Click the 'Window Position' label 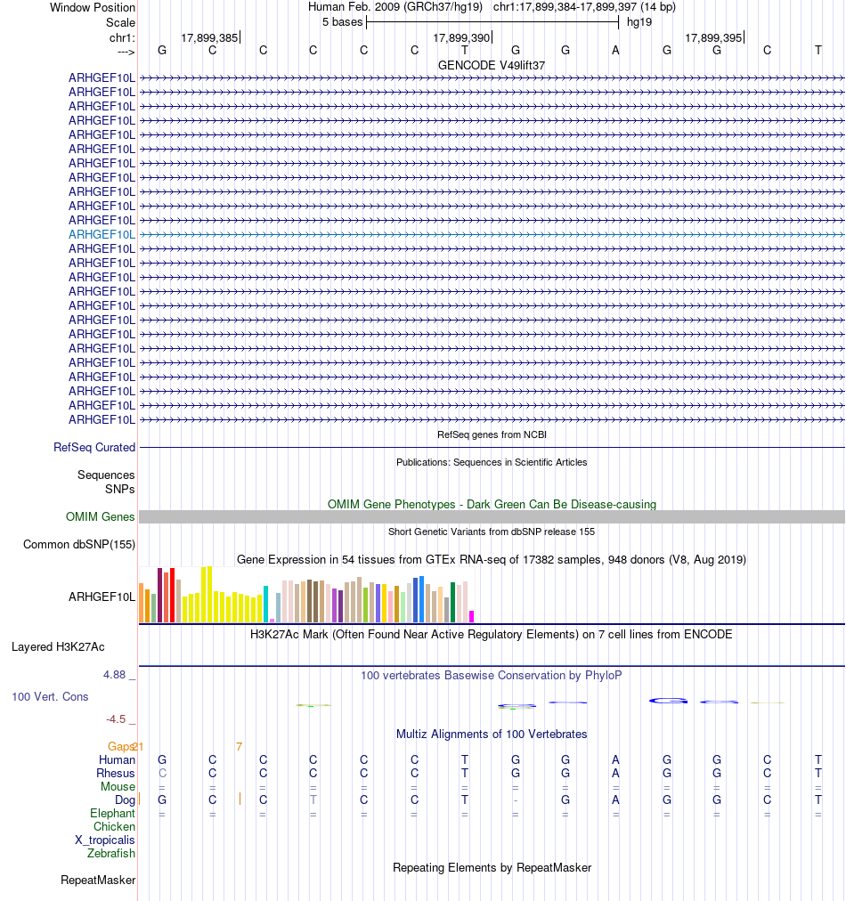tap(93, 7)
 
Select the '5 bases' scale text tap(342, 21)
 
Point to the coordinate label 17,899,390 tap(461, 37)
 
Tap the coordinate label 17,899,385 tap(209, 37)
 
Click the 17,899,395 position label tap(713, 37)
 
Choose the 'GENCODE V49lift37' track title tap(492, 65)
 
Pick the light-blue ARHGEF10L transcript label tap(102, 234)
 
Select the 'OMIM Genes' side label tap(101, 516)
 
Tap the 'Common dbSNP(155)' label tap(79, 545)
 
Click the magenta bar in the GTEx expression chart tap(472, 616)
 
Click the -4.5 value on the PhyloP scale tap(116, 719)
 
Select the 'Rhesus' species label tap(116, 774)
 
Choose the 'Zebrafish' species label tap(111, 854)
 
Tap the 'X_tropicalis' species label tap(105, 840)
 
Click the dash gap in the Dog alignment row tap(516, 800)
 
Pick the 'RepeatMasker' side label tap(98, 881)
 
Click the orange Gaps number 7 tap(239, 746)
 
